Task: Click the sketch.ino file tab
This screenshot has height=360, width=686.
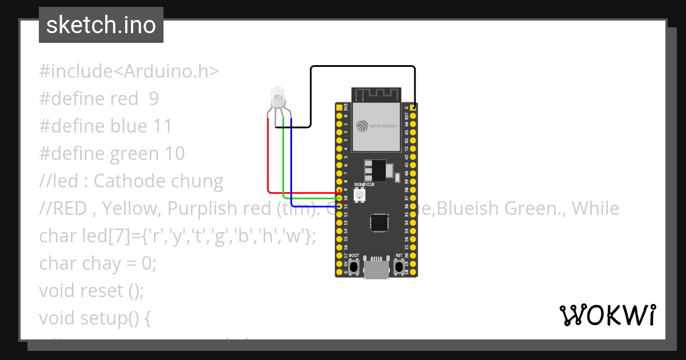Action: coord(101,25)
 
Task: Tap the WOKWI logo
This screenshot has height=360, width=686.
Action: coord(607,315)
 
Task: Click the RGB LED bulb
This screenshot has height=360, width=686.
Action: coord(277,97)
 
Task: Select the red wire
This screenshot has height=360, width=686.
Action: coord(268,160)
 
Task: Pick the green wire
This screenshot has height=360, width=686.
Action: coord(284,166)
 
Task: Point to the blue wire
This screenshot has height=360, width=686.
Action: coord(291,171)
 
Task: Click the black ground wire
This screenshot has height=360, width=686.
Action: coord(363,67)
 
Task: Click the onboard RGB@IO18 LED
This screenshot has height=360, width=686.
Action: coord(361,196)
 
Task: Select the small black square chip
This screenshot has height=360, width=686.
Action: coord(378,223)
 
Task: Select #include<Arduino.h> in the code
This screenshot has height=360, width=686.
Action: coord(129,71)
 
